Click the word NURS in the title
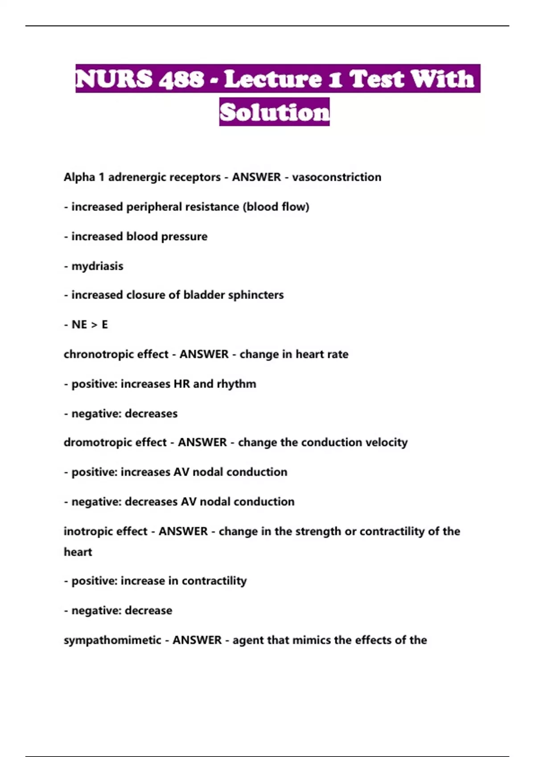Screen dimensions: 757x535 point(114,79)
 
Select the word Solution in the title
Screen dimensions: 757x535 point(274,112)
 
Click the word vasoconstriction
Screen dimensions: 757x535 point(337,177)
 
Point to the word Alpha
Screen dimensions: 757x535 point(79,177)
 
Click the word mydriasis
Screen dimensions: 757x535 point(97,266)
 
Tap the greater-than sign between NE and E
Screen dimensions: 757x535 point(94,325)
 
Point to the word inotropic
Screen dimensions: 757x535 point(84,531)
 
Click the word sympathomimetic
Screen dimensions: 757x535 point(112,640)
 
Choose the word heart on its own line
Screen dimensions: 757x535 point(78,552)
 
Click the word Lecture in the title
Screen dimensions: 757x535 point(273,79)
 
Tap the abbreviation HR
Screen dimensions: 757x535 point(182,384)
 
